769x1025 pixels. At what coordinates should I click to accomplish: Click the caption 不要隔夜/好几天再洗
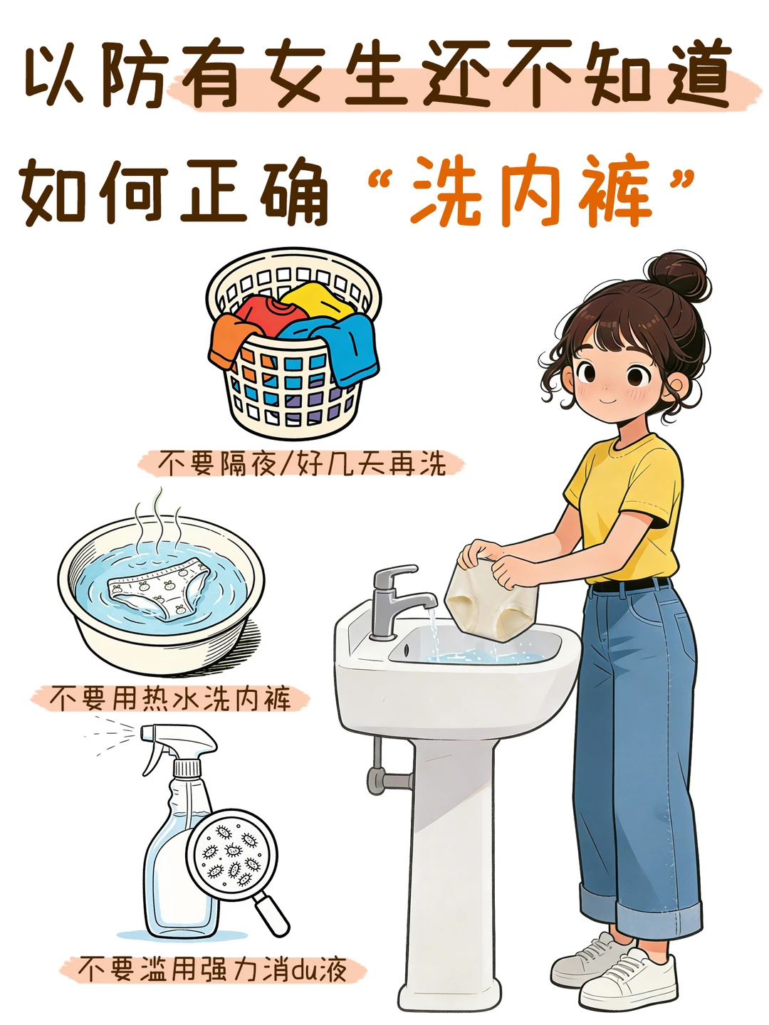(x=301, y=463)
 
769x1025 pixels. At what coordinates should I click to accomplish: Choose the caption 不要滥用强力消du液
(x=212, y=969)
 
